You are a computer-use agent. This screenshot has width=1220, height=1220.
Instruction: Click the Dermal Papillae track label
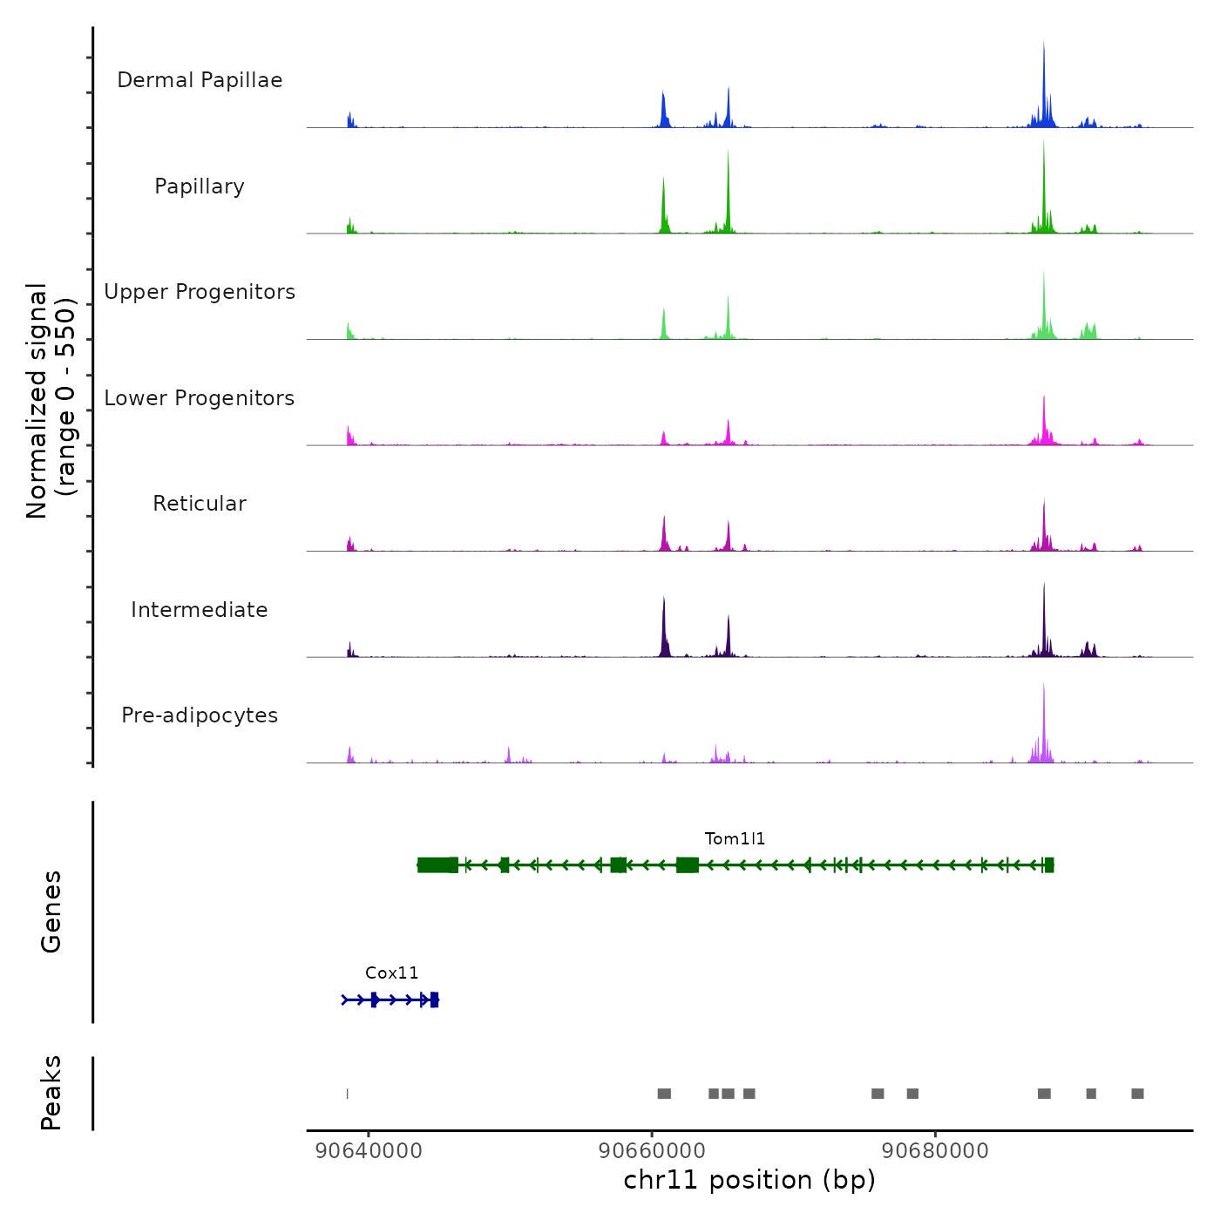[x=200, y=80]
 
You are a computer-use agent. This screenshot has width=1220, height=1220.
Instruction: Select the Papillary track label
[x=200, y=186]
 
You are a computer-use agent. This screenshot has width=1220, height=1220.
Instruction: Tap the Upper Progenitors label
[x=200, y=292]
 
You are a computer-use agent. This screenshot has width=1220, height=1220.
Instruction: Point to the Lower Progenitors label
[x=200, y=398]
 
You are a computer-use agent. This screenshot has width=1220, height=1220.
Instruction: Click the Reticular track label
[x=200, y=504]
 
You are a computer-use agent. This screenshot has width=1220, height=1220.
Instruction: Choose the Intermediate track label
[x=200, y=610]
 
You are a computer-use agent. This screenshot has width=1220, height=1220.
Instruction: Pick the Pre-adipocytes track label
[x=200, y=715]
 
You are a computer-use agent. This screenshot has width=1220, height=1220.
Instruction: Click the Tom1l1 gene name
[x=735, y=839]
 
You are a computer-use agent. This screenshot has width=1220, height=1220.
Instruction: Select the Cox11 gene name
[x=391, y=973]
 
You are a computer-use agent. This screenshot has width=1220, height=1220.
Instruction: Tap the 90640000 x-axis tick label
[x=369, y=1151]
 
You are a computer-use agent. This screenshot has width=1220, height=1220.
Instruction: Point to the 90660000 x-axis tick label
[x=652, y=1151]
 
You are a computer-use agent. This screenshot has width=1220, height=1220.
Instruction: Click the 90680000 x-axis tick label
[x=935, y=1151]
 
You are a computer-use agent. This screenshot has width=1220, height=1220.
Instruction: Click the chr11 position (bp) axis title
[x=749, y=1180]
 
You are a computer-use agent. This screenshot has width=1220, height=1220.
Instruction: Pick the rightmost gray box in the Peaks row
[x=1137, y=1094]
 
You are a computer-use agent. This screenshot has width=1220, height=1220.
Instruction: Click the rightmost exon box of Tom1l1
[x=1049, y=864]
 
